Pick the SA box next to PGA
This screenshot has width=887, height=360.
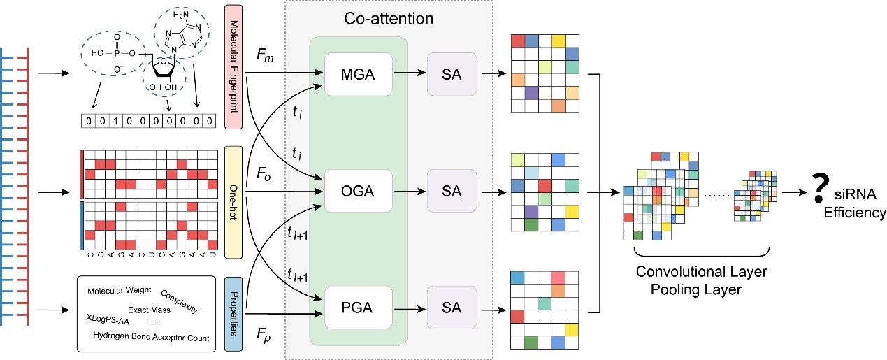(x=452, y=306)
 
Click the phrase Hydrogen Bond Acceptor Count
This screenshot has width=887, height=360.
(x=151, y=338)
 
